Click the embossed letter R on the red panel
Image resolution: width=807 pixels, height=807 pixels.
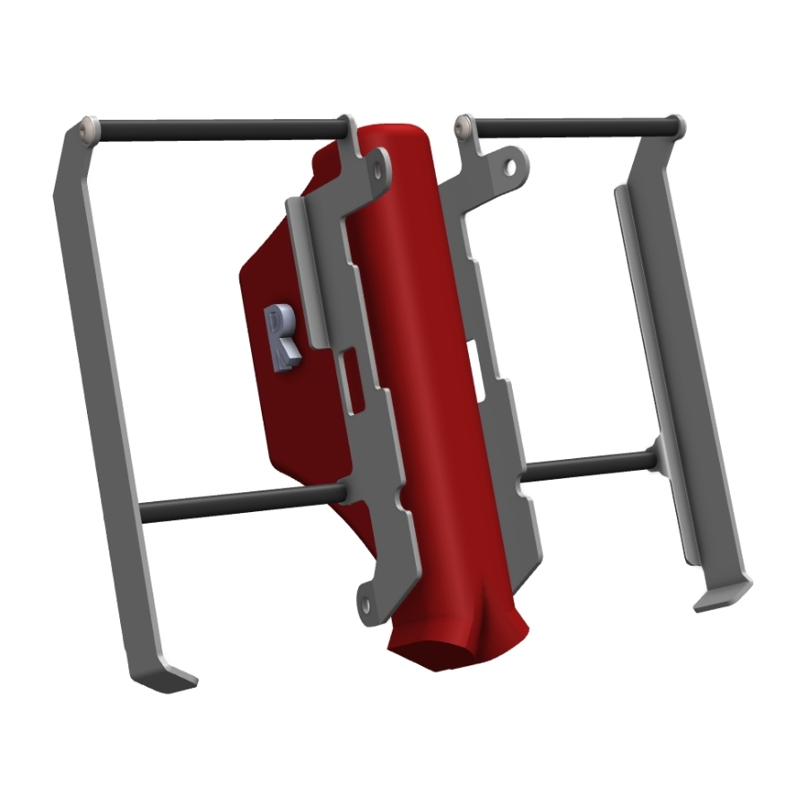coord(282,337)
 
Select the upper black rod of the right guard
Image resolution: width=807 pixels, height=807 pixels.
coord(575,127)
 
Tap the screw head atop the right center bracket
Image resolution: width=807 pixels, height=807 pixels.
coord(464,125)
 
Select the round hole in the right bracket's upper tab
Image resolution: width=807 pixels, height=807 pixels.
coord(510,167)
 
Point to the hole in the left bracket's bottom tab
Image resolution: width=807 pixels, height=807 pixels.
coord(366,604)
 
